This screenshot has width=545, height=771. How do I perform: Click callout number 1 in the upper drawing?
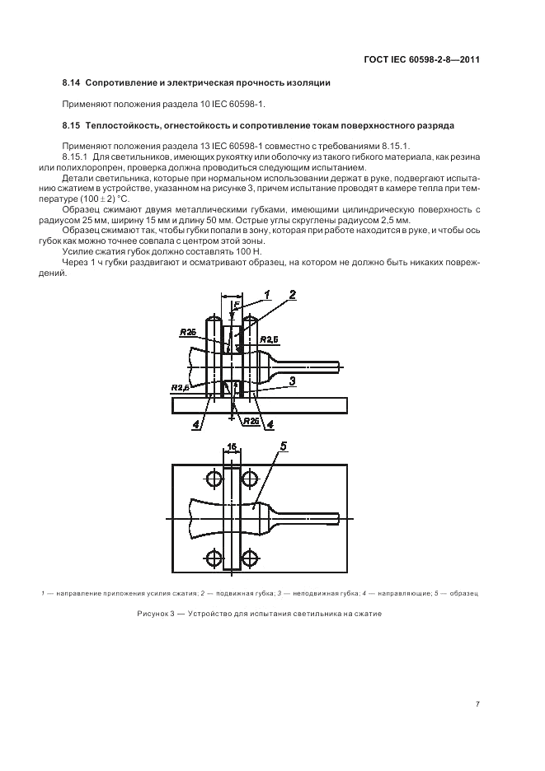267,295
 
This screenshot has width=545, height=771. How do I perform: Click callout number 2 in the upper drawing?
293,295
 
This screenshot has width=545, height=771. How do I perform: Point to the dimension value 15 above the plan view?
232,446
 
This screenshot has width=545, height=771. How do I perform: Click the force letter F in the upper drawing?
236,306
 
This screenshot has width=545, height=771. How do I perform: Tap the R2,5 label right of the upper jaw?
270,339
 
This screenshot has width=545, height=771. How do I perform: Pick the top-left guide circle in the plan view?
214,478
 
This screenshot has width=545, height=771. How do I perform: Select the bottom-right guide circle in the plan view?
250,558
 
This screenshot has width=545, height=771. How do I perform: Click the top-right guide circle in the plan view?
250,478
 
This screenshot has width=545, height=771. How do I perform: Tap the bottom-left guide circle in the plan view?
214,558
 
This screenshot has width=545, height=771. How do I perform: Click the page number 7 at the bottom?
477,704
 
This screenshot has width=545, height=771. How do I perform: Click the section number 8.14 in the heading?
72,83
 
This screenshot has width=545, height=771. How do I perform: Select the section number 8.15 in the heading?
72,125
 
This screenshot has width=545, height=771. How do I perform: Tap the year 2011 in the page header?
470,60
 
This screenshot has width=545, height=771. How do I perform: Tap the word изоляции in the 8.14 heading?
310,83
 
